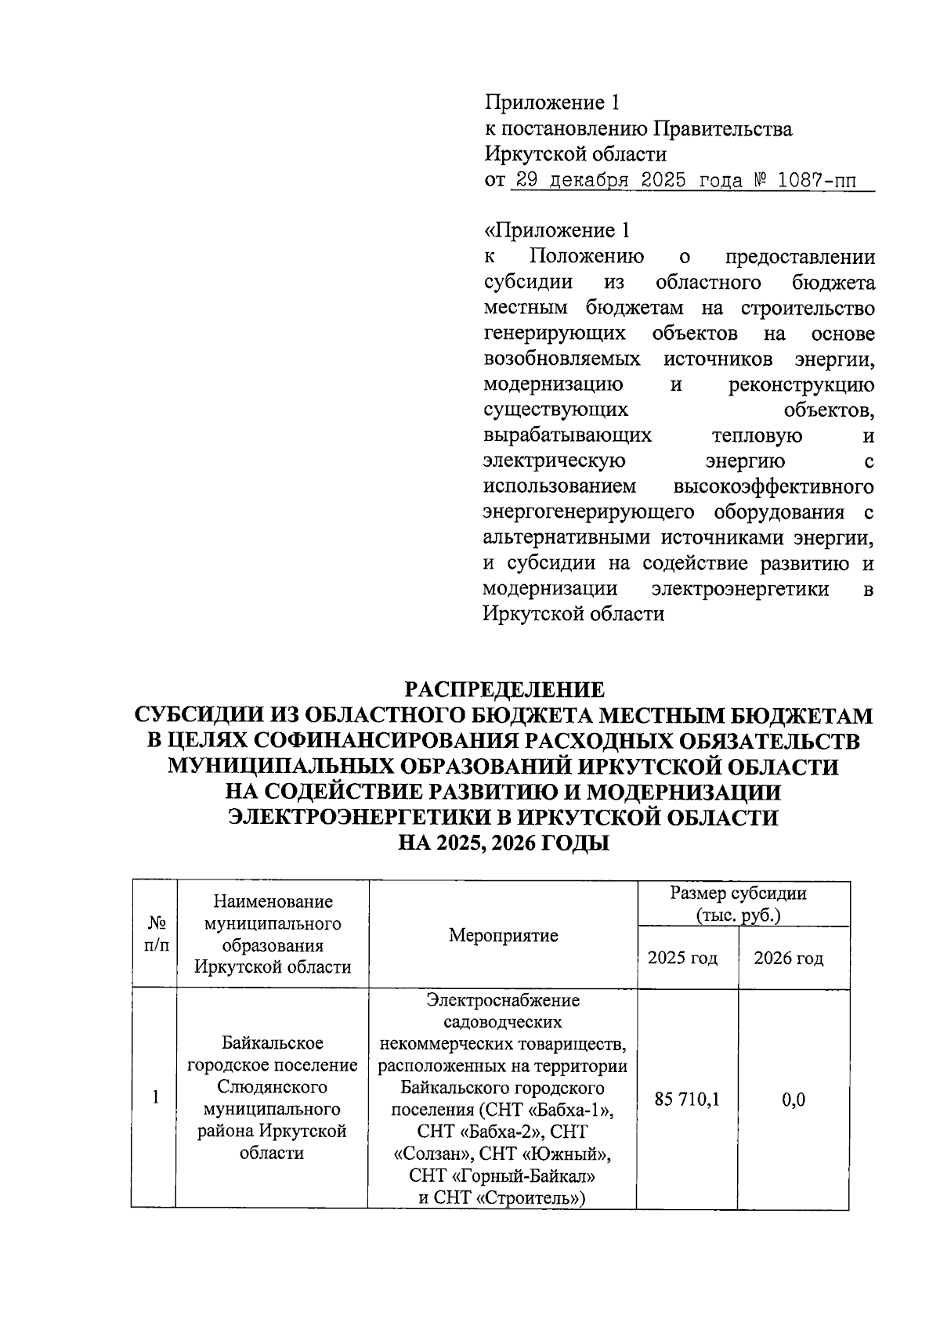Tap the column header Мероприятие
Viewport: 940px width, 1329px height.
click(503, 935)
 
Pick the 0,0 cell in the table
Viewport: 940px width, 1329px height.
click(794, 1100)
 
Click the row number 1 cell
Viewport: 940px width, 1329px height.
click(155, 1098)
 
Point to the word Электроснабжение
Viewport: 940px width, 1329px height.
click(503, 1000)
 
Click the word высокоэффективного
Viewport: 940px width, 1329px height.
click(773, 486)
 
